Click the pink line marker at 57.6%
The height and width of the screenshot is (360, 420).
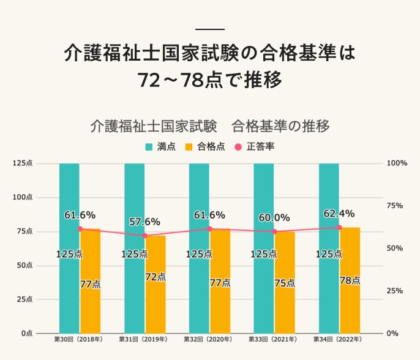tap(145, 235)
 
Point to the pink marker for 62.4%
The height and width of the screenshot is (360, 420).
tap(339, 227)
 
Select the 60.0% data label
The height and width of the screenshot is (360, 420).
tap(274, 217)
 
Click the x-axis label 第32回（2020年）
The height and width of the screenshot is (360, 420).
tap(209, 339)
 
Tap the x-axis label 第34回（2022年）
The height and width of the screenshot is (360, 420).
tap(338, 339)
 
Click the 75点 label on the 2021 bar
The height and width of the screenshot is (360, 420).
tap(284, 283)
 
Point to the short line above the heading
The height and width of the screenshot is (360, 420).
tap(209, 29)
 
